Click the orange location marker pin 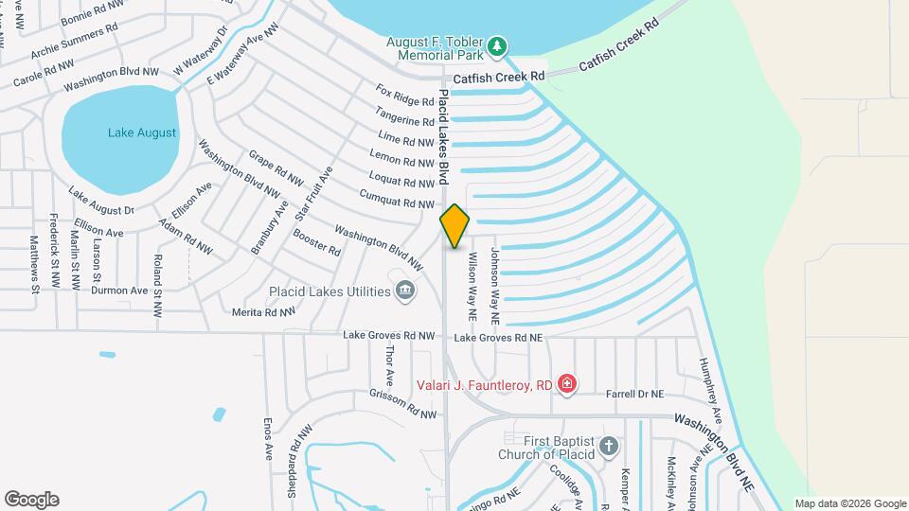pos(454,225)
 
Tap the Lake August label pos(142,132)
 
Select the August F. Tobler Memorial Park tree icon pos(497,46)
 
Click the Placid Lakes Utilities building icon pos(405,290)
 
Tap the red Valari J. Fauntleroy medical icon pos(566,383)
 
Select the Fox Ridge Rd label pos(404,96)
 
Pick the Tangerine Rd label pos(404,117)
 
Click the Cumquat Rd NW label pos(397,199)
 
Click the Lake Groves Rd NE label pos(499,337)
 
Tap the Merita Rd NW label pos(264,311)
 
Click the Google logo pos(31,500)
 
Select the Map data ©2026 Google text pos(849,503)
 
